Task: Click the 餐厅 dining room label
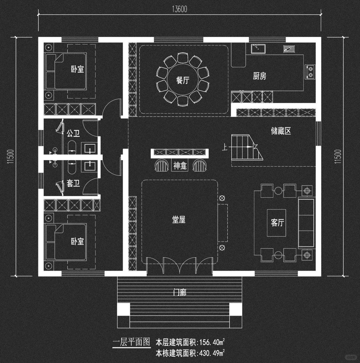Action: [x=183, y=80]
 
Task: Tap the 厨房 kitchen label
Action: [x=259, y=76]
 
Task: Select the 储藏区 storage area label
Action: [x=281, y=131]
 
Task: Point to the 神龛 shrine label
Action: [x=180, y=166]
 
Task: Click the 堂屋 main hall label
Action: [x=179, y=220]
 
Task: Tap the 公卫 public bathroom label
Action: [x=73, y=134]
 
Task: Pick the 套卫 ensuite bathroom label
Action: [x=73, y=183]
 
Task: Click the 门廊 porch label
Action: [x=180, y=293]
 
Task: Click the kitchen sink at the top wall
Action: [x=258, y=48]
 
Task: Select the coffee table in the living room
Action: [x=277, y=223]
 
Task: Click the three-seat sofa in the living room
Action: [x=306, y=222]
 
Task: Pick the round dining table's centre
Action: [x=183, y=80]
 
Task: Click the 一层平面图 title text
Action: [x=131, y=342]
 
